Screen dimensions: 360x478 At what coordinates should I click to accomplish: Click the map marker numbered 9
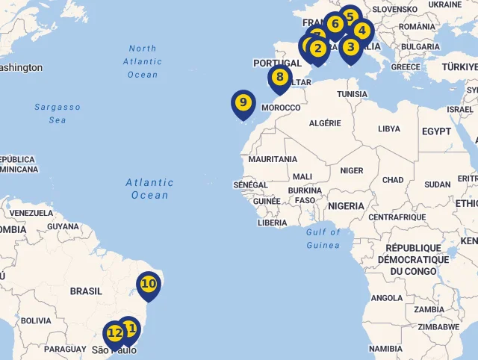243,103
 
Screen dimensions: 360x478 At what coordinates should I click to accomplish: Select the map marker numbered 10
149,285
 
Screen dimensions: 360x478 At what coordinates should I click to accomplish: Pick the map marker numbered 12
114,334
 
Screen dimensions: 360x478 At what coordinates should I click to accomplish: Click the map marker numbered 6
335,25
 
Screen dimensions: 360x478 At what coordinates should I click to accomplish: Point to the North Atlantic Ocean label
143,61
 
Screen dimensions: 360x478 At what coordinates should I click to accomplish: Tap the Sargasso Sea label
58,114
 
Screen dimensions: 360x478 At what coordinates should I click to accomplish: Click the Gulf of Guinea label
323,238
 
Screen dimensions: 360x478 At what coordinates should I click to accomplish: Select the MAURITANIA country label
273,159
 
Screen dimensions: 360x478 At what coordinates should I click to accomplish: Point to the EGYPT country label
436,131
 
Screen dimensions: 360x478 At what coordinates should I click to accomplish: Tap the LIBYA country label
388,128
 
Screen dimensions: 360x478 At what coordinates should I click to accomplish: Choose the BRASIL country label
86,291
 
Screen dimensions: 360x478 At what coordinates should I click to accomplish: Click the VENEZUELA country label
31,213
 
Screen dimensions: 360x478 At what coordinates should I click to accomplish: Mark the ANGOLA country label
387,298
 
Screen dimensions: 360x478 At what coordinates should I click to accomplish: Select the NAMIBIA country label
385,348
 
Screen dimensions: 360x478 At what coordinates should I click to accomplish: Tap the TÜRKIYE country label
459,66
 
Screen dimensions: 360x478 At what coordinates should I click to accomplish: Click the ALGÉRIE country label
325,123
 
